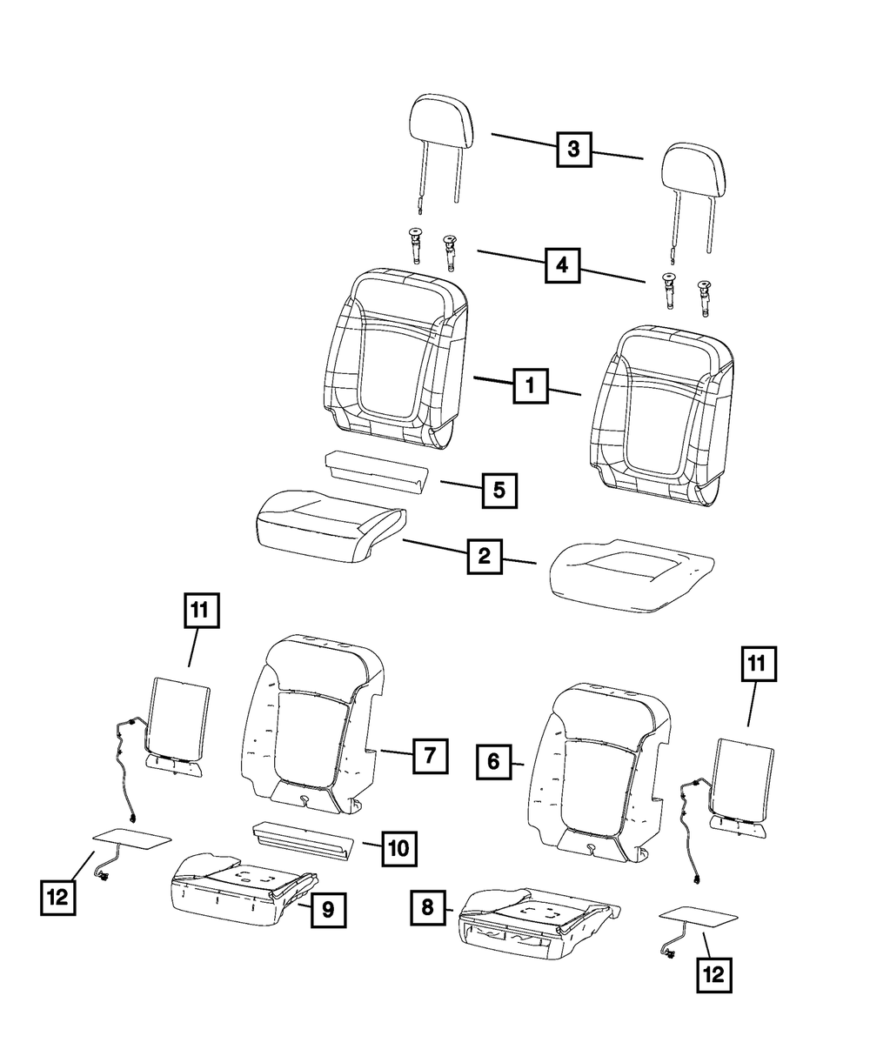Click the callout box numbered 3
(573, 149)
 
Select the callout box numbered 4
(563, 264)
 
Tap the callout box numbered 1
(530, 384)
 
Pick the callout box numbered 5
(499, 490)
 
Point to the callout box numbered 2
(484, 556)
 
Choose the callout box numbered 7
(430, 755)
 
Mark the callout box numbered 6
(493, 762)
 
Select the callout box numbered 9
(328, 911)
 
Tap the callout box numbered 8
(428, 909)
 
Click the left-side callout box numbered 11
(201, 612)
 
